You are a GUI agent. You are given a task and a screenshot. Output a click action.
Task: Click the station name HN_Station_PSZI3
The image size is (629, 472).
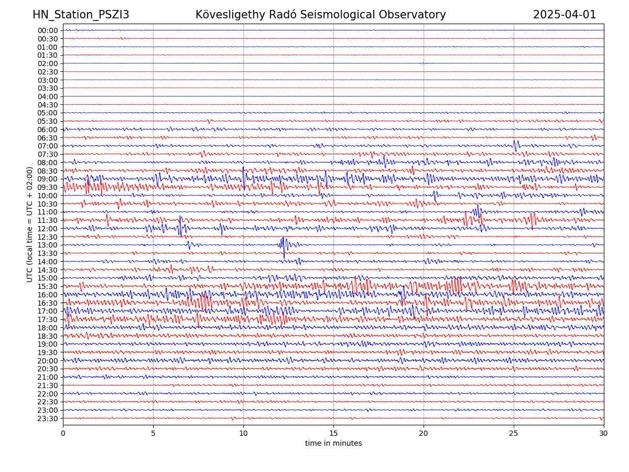(x=81, y=15)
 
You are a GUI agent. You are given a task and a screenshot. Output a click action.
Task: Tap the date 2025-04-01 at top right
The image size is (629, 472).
(x=565, y=15)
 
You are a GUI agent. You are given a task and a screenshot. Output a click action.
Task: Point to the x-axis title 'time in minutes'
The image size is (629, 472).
(x=333, y=443)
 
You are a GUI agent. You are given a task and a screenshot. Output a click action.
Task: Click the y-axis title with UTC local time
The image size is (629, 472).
(x=30, y=224)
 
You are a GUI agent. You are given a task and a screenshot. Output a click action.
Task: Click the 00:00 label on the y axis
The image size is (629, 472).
(x=48, y=30)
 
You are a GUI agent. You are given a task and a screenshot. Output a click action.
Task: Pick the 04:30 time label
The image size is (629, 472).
(x=48, y=105)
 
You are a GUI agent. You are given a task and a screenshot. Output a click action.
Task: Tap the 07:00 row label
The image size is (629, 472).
(x=48, y=146)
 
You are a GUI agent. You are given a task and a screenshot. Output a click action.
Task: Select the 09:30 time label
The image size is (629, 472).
(x=48, y=187)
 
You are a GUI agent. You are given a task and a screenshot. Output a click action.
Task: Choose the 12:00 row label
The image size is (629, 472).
(x=48, y=229)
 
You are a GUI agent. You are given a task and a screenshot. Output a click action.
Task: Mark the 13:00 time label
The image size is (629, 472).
(x=48, y=245)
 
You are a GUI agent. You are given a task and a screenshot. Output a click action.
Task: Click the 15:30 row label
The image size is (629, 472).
(x=48, y=286)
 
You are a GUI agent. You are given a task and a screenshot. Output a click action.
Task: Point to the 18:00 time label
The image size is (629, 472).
(x=48, y=328)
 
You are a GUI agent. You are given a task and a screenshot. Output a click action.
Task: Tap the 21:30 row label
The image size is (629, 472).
(x=48, y=385)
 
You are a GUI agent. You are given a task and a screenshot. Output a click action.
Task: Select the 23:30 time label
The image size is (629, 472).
(x=48, y=419)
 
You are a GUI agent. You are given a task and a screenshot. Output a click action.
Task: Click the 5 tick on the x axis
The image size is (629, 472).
(x=153, y=433)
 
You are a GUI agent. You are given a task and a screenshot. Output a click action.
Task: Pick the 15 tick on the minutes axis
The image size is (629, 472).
(x=333, y=433)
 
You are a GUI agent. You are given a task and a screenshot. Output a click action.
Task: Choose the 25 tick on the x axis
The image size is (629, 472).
(x=514, y=433)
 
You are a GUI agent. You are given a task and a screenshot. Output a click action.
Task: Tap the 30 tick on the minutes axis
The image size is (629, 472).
(x=604, y=433)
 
